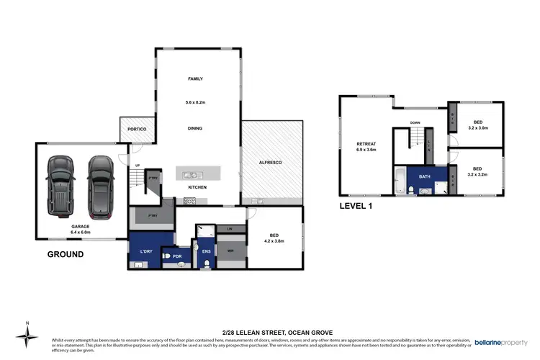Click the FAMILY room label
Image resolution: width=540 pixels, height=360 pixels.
coord(196,78)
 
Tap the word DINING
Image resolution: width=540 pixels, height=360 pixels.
coord(195,128)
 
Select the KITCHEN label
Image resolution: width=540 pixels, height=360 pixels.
coord(197,187)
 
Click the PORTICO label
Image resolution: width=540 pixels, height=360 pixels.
coord(137,129)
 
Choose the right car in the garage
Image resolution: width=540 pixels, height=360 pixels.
coord(101,186)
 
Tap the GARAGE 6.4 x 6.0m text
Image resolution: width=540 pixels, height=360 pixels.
coord(80,228)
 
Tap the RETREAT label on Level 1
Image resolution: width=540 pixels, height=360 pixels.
coord(366,148)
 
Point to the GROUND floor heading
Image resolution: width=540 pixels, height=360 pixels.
coord(66,254)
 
